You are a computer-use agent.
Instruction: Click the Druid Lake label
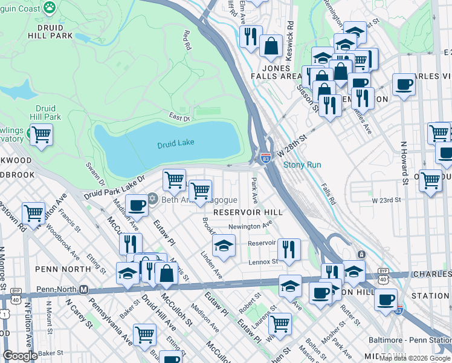tap(175, 145)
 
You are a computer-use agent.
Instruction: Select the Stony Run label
tap(302, 165)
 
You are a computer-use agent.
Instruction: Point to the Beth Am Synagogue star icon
tap(152, 200)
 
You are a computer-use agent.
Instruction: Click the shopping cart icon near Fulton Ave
tap(33, 212)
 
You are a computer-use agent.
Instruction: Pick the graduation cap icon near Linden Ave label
tap(224, 246)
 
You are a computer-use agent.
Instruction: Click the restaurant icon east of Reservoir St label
tap(289, 249)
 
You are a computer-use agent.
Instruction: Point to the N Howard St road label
tap(403, 163)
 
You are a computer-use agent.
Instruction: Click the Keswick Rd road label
tap(291, 38)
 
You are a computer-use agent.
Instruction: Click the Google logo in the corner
tap(19, 356)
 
